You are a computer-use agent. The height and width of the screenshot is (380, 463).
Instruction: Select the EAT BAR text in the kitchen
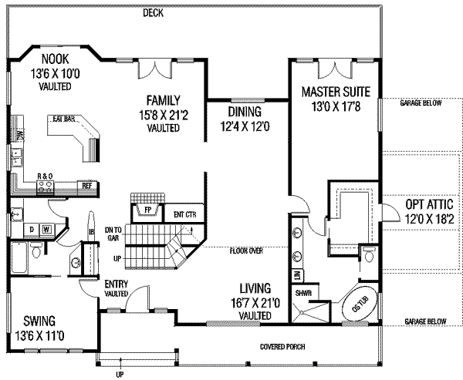(64, 119)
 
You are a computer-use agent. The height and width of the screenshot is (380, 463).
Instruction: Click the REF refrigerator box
(87, 186)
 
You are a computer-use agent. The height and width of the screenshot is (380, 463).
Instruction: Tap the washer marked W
(46, 229)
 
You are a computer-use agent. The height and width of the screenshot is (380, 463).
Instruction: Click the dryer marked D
(31, 229)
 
